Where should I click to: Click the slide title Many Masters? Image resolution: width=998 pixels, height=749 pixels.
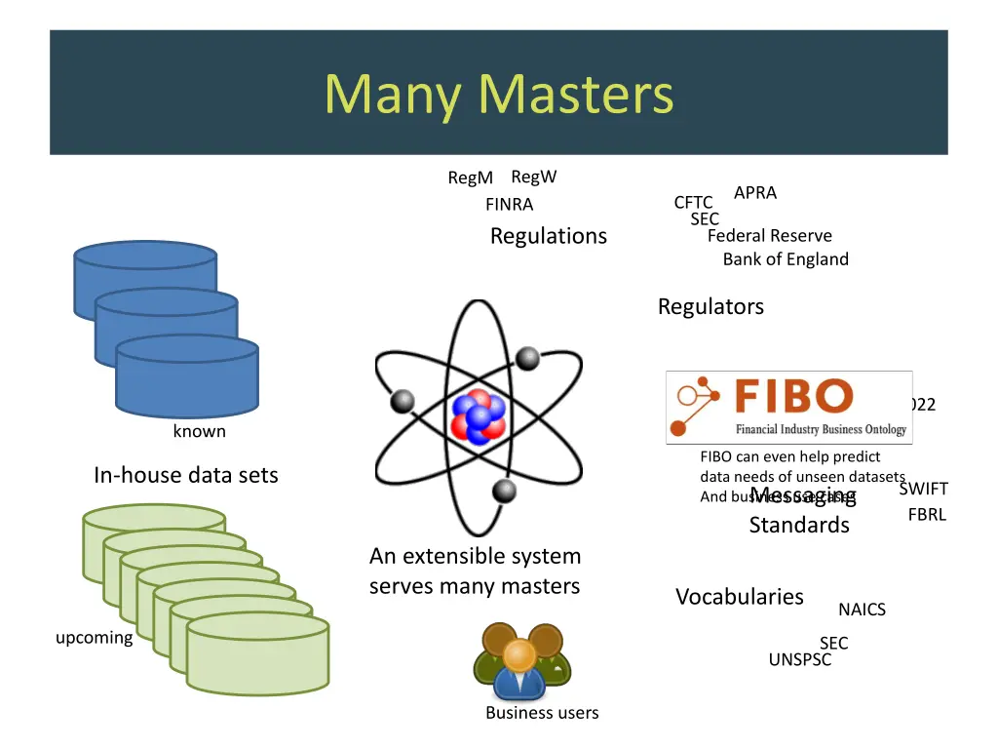pos(498,95)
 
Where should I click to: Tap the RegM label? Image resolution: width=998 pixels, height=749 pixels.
pos(470,177)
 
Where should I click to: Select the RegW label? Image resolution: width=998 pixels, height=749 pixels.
pos(533,177)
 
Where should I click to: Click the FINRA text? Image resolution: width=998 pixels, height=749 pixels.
pos(509,205)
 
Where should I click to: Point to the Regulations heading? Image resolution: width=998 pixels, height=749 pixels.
pos(548,236)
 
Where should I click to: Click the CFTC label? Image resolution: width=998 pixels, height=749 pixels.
pos(693,203)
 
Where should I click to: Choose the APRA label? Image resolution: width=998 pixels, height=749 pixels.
pos(754,193)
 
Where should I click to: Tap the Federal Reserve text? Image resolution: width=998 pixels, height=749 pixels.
pos(769,236)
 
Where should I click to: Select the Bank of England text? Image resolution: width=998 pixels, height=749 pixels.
pos(786,259)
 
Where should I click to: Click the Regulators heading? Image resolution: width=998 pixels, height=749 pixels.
pos(710,306)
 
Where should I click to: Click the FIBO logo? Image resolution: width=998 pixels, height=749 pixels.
pos(788,407)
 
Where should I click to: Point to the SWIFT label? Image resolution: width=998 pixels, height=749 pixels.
pos(923,489)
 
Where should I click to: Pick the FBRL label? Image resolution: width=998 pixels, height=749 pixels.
pos(927,515)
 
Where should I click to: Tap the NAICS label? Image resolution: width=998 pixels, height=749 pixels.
pos(862,610)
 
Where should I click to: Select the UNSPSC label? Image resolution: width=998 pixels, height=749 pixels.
pos(799,660)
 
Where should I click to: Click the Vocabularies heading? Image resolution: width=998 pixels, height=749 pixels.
pos(740,597)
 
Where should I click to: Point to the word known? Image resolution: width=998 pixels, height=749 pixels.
pos(199,431)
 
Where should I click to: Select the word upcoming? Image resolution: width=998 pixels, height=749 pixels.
pos(94,638)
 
